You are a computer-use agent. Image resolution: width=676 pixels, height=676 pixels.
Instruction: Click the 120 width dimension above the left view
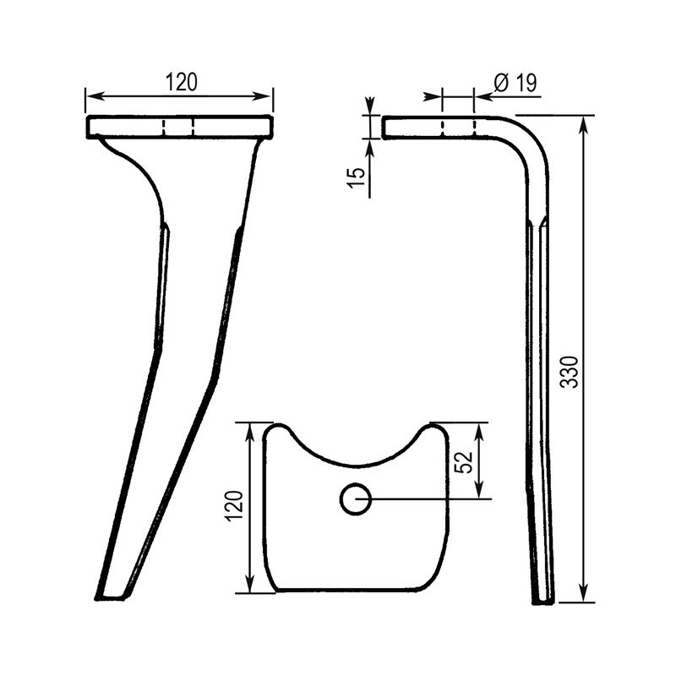click(x=181, y=82)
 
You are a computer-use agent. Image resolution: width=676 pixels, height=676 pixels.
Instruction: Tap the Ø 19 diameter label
click(x=513, y=82)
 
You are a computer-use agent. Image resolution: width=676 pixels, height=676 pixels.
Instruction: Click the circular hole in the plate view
click(x=355, y=499)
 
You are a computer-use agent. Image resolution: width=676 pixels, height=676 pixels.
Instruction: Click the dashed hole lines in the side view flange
click(x=459, y=128)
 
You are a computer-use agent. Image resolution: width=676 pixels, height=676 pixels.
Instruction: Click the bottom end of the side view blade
click(x=543, y=599)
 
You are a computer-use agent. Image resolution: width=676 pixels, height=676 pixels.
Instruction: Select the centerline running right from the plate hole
click(x=431, y=499)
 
